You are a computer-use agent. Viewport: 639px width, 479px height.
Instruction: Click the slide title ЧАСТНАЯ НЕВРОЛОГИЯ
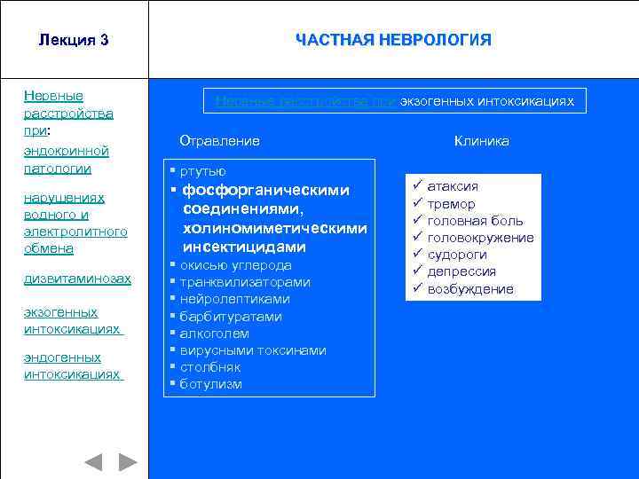point(393,40)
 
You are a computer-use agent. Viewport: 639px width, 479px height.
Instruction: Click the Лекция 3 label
point(74,40)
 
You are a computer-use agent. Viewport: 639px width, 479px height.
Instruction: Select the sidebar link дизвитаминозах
point(77,279)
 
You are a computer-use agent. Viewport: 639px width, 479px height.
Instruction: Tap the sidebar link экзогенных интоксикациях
point(72,320)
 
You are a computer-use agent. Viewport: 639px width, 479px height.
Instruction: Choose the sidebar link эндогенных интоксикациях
point(72,365)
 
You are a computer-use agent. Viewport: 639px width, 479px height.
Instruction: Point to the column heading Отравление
point(219,141)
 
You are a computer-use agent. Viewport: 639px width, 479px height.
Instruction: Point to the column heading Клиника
point(482,141)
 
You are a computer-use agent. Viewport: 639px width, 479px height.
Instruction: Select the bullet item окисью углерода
point(235,265)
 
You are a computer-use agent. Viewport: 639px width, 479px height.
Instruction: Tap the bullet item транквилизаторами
point(245,282)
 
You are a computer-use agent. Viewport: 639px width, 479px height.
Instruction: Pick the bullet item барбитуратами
point(231,317)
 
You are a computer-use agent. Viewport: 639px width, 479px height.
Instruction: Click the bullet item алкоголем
point(215,334)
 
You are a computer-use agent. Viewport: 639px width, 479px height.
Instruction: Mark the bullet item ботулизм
point(210,384)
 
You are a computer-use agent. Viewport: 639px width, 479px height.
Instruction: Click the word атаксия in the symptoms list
point(453,186)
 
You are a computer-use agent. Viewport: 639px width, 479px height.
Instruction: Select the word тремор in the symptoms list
point(451,204)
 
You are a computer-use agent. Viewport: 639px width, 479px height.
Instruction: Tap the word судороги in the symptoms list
point(457,255)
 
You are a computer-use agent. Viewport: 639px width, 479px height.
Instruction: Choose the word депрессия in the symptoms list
point(461,271)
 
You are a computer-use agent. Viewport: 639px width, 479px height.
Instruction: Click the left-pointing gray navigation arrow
point(93,462)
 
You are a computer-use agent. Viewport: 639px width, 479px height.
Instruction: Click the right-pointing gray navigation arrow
point(129,462)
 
